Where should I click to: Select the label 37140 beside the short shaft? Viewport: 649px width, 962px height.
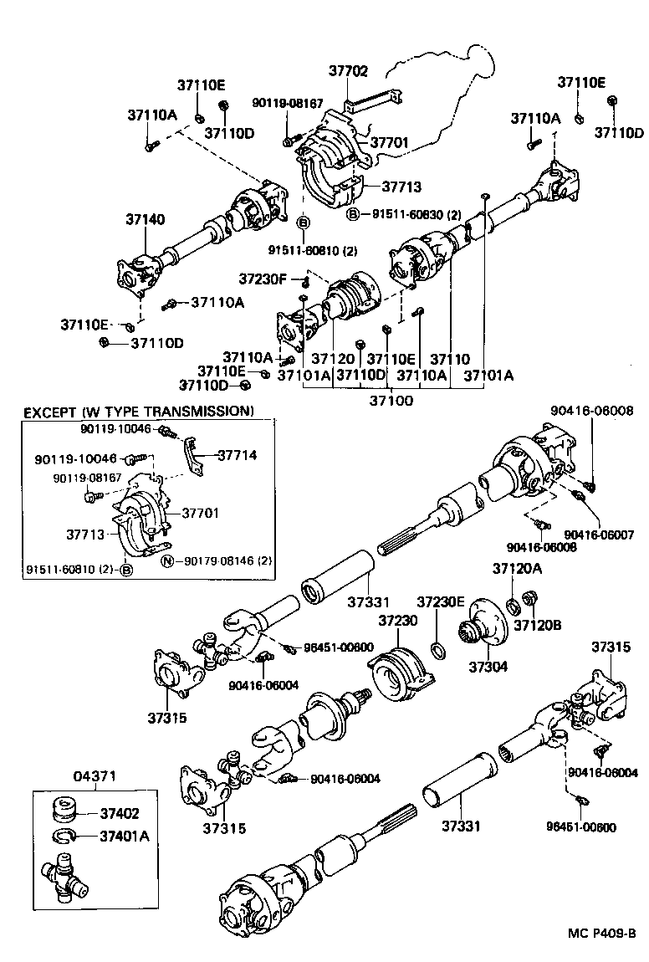(x=146, y=219)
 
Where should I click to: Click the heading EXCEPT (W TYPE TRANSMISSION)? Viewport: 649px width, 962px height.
(x=138, y=412)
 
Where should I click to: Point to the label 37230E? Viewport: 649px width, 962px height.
(x=440, y=601)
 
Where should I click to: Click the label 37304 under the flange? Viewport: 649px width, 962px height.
(x=485, y=668)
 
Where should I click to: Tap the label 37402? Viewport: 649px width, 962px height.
(x=120, y=813)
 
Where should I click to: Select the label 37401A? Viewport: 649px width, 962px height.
(x=124, y=835)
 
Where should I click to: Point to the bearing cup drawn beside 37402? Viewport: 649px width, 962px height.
(x=64, y=811)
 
